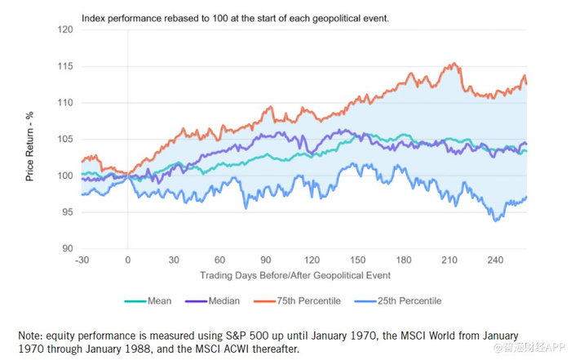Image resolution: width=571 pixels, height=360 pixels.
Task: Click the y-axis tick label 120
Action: click(x=64, y=30)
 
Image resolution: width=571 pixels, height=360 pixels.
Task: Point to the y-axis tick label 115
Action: click(x=64, y=67)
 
